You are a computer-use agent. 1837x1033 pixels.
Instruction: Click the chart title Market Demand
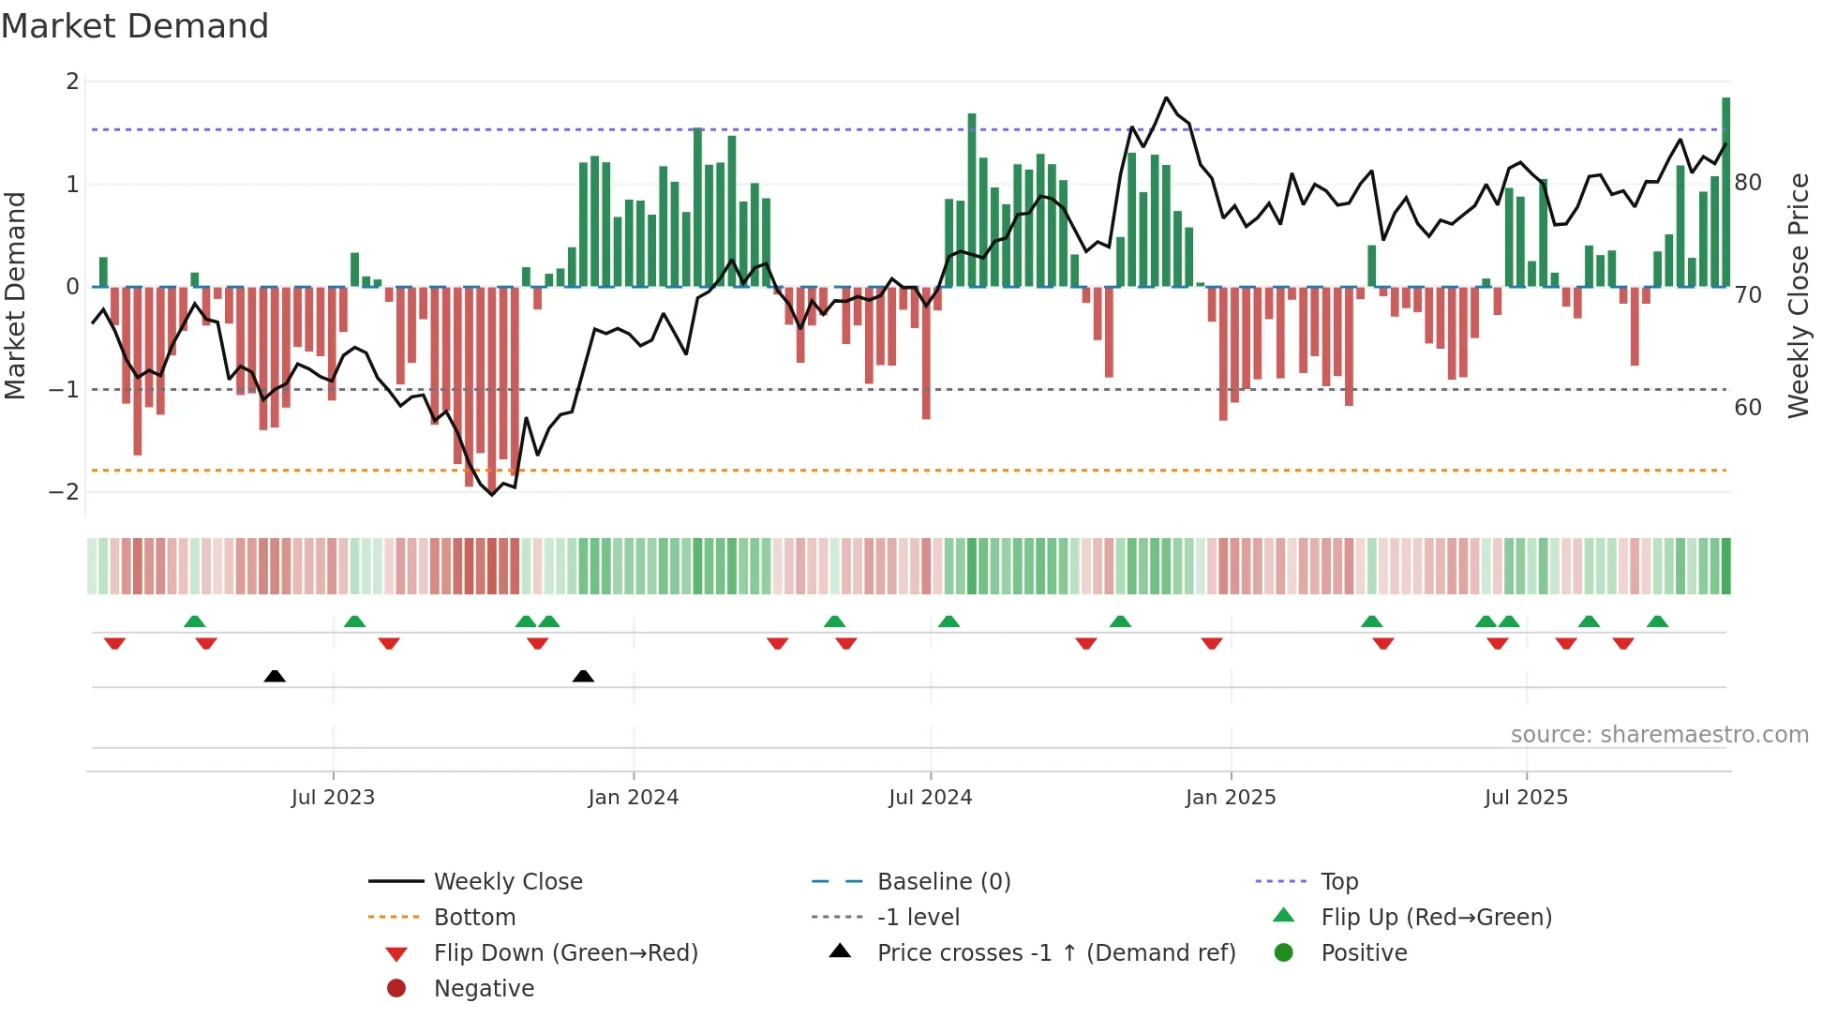(135, 26)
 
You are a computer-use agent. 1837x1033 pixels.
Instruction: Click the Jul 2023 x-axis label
(333, 798)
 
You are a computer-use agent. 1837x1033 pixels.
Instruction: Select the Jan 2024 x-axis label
(633, 798)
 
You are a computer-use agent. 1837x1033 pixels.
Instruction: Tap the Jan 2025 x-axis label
(1230, 798)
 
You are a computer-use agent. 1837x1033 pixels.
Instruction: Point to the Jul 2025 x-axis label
(1526, 798)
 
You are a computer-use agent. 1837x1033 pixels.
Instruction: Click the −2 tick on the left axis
(64, 492)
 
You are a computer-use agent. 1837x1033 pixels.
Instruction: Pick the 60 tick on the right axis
(1748, 408)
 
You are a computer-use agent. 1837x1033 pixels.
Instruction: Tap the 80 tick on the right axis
(1748, 183)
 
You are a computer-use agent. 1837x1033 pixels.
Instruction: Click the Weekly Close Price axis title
(1798, 295)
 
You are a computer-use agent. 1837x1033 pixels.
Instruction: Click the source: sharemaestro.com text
(1659, 735)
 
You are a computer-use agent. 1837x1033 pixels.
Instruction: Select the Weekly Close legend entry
(507, 882)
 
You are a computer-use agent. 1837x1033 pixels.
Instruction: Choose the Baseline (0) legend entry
(943, 882)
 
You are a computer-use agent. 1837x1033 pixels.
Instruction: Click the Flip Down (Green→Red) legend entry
(565, 953)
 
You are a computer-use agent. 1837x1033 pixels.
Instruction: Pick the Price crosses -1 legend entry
(1055, 953)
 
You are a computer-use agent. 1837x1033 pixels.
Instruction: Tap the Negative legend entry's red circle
(396, 989)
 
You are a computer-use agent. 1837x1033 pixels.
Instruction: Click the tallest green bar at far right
(1725, 192)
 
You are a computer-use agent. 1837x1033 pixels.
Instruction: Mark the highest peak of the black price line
(1166, 97)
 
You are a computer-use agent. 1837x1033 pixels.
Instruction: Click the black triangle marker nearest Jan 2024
(583, 676)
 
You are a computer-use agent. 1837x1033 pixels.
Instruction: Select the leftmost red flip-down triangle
(114, 643)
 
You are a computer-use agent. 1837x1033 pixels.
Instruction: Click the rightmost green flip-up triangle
(1657, 621)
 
